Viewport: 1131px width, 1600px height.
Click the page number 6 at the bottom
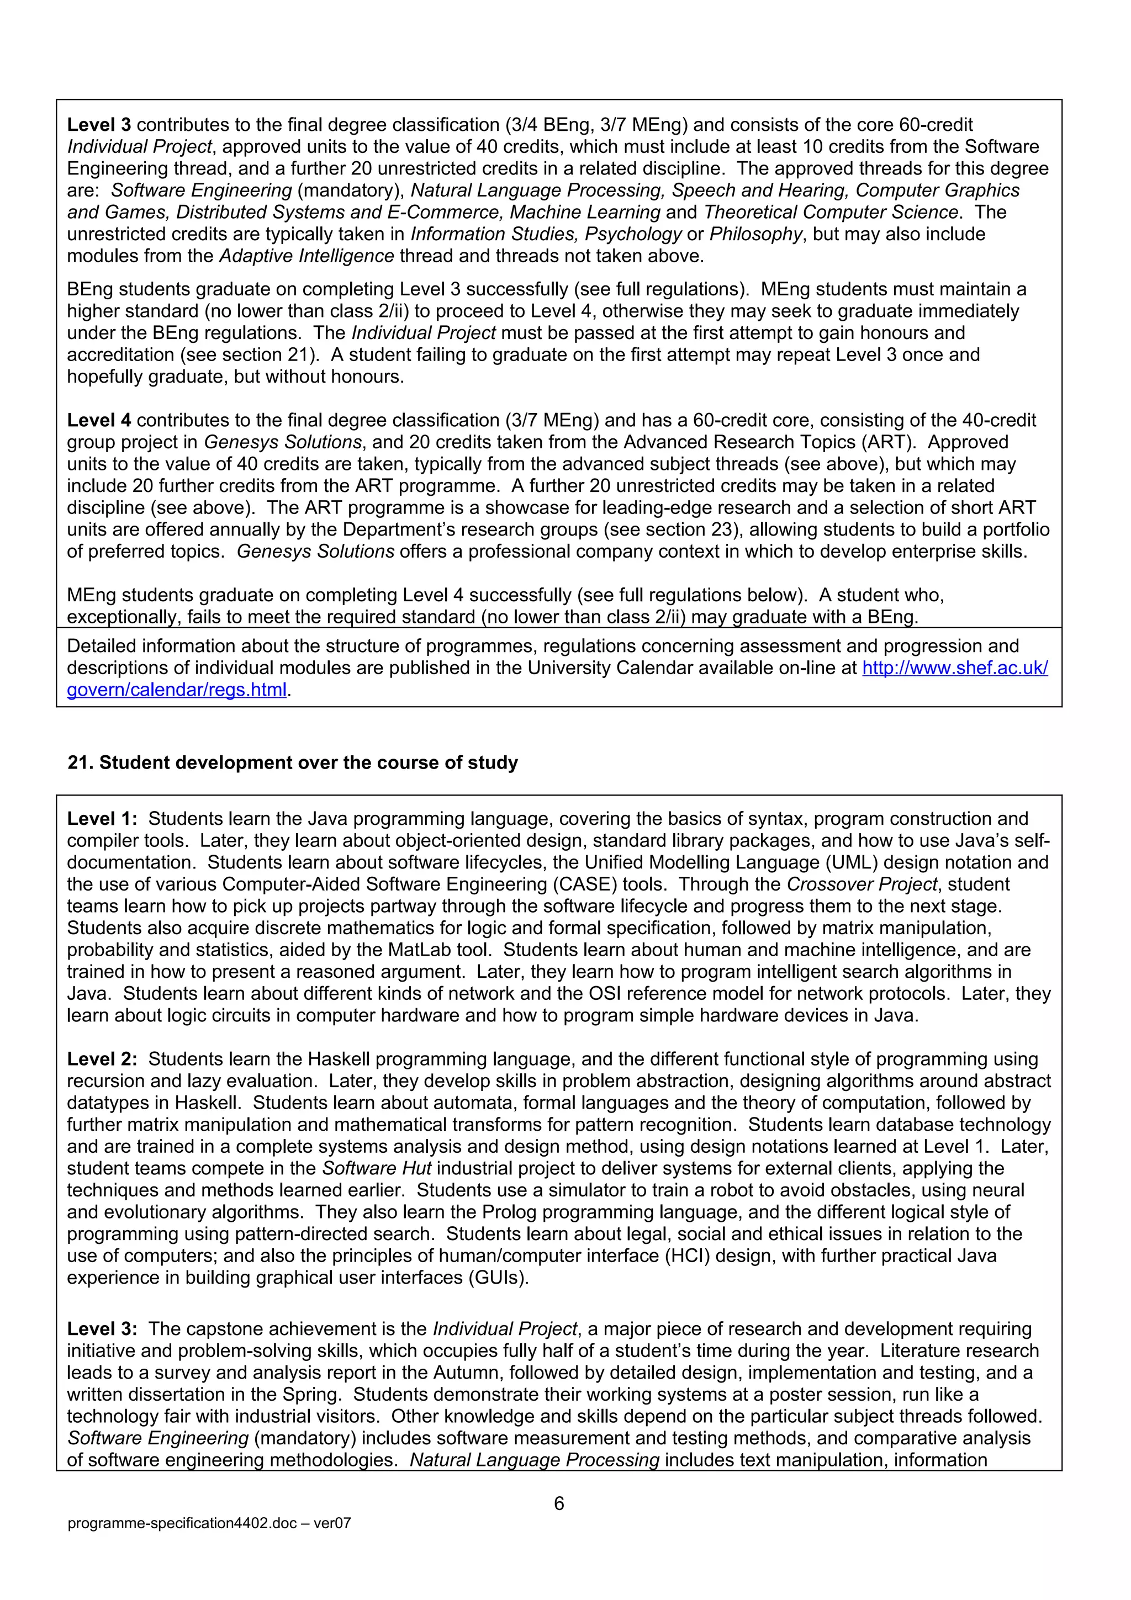click(x=559, y=1503)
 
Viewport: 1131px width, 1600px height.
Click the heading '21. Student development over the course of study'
click(x=293, y=762)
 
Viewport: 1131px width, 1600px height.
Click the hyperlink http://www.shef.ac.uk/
click(x=955, y=667)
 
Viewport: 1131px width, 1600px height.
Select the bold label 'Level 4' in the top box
click(x=99, y=420)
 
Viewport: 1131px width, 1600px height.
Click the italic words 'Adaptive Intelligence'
click(x=307, y=256)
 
